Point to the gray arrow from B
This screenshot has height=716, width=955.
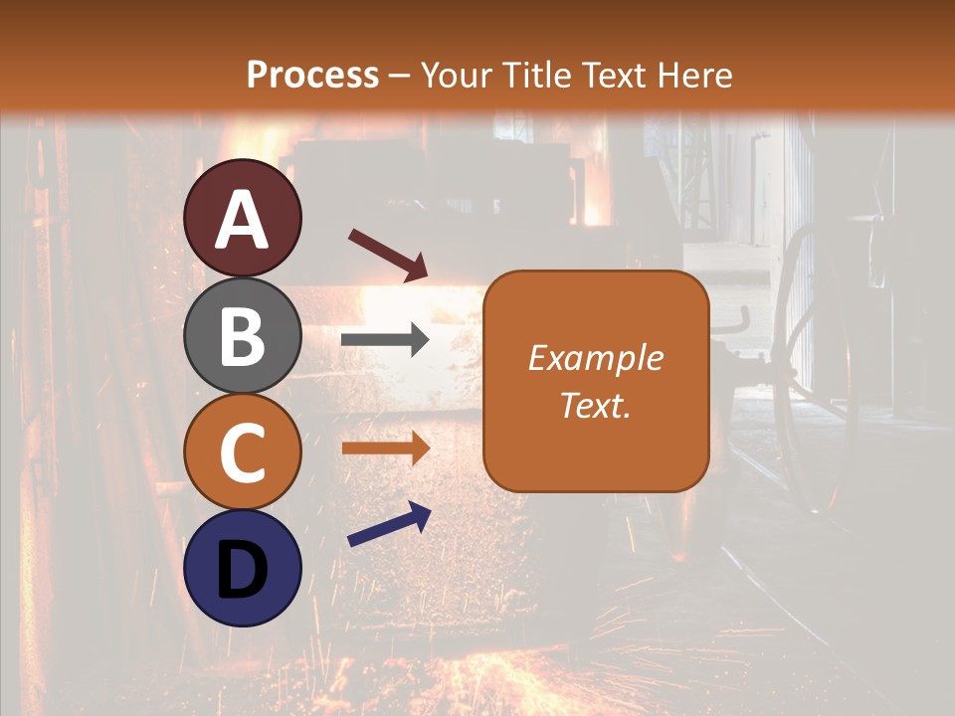[x=385, y=340]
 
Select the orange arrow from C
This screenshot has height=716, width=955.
[x=385, y=447]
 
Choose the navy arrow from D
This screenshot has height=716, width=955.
[x=389, y=524]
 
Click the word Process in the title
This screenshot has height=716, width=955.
[x=312, y=75]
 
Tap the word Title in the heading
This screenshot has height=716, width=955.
[x=535, y=75]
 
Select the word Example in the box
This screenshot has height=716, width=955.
[x=595, y=358]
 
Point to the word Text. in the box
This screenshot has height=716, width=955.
[x=595, y=406]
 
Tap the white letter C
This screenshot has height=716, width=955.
[x=243, y=452]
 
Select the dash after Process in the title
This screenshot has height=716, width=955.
[x=398, y=76]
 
